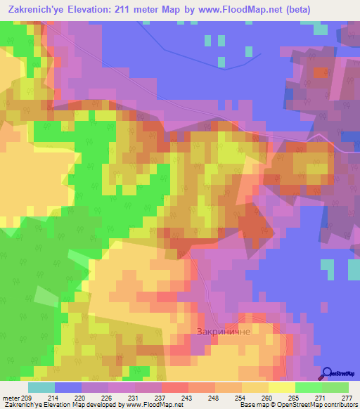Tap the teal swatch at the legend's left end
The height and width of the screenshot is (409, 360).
(x=41, y=387)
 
